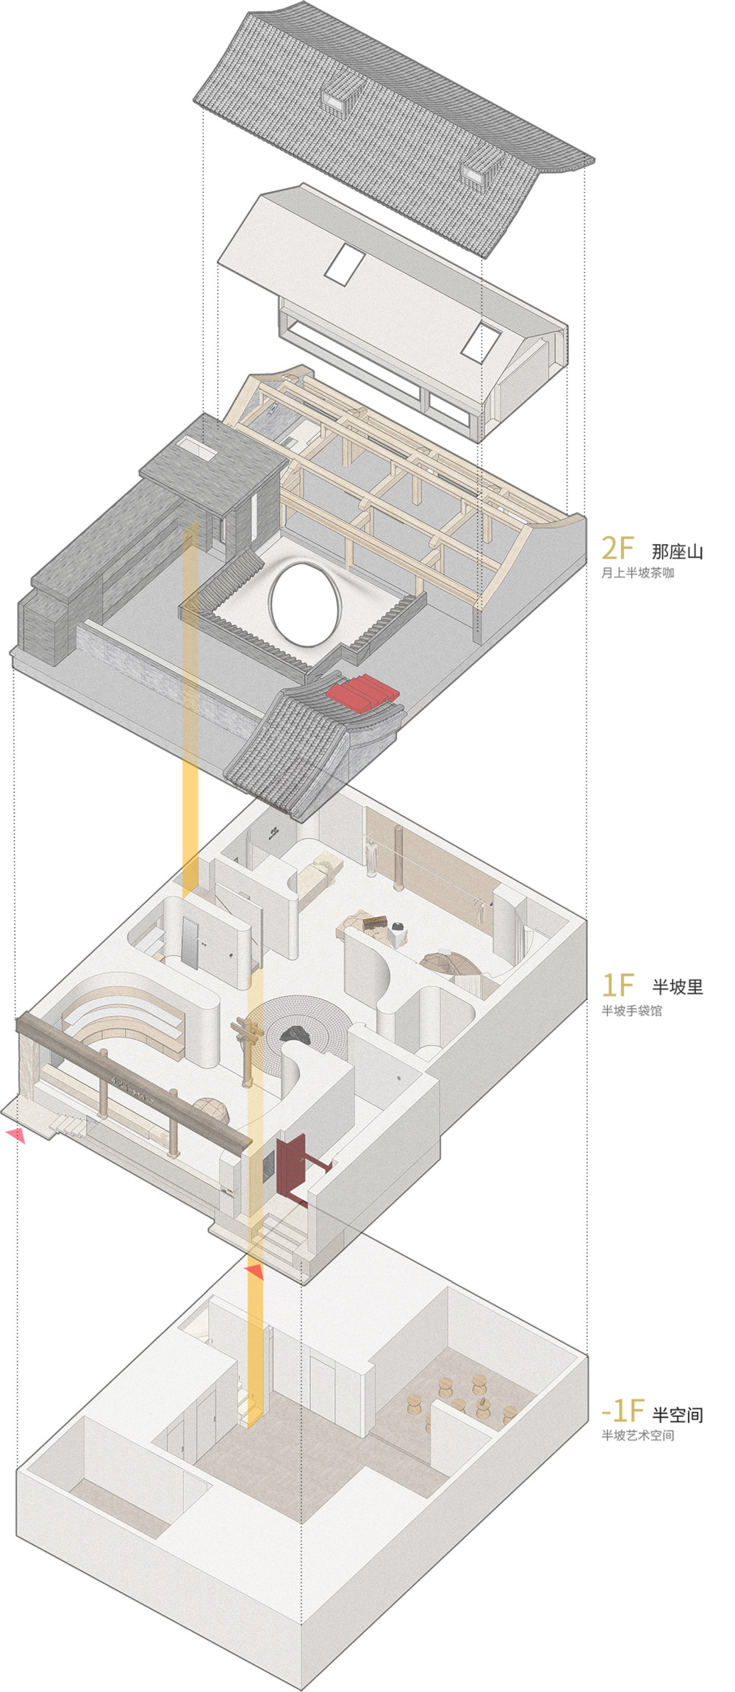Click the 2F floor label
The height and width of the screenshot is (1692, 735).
coord(617,549)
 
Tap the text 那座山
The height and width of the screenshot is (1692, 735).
coord(677,551)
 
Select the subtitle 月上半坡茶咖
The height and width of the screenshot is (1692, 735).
coord(637,573)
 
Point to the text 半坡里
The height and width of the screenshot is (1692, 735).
coord(677,986)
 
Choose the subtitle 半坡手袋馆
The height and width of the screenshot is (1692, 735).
coord(631,1010)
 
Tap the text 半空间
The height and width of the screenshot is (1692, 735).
coord(678,1414)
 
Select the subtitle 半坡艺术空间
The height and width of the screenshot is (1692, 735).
coord(637,1435)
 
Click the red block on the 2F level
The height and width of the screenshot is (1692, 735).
coord(362,694)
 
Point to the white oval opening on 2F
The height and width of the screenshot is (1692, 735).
coord(306,598)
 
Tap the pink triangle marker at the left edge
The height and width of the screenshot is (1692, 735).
coord(15,1135)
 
